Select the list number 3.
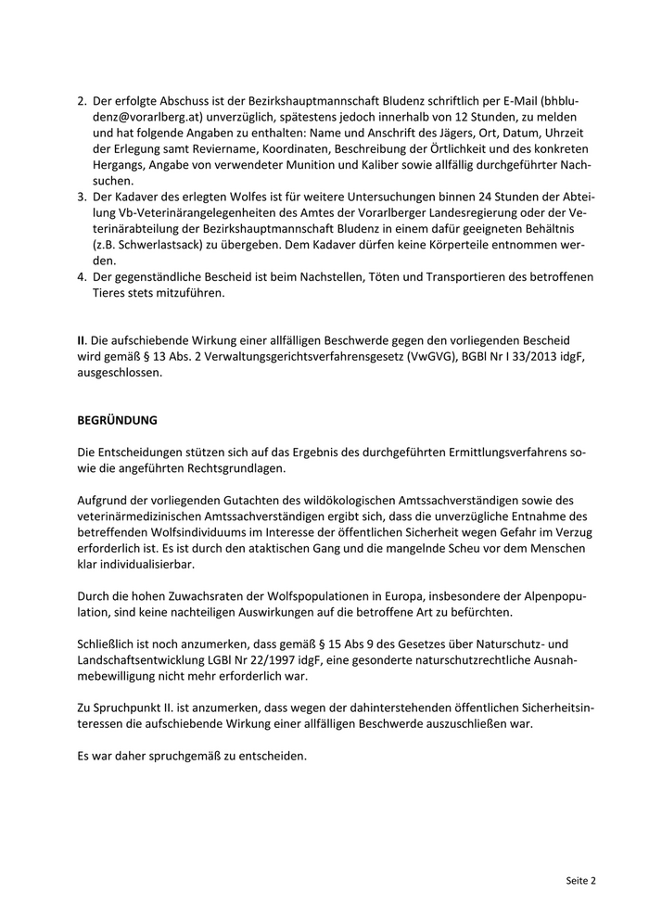click(x=82, y=198)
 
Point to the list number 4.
click(x=82, y=277)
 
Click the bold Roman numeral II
click(x=82, y=340)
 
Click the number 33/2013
click(x=504, y=357)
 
